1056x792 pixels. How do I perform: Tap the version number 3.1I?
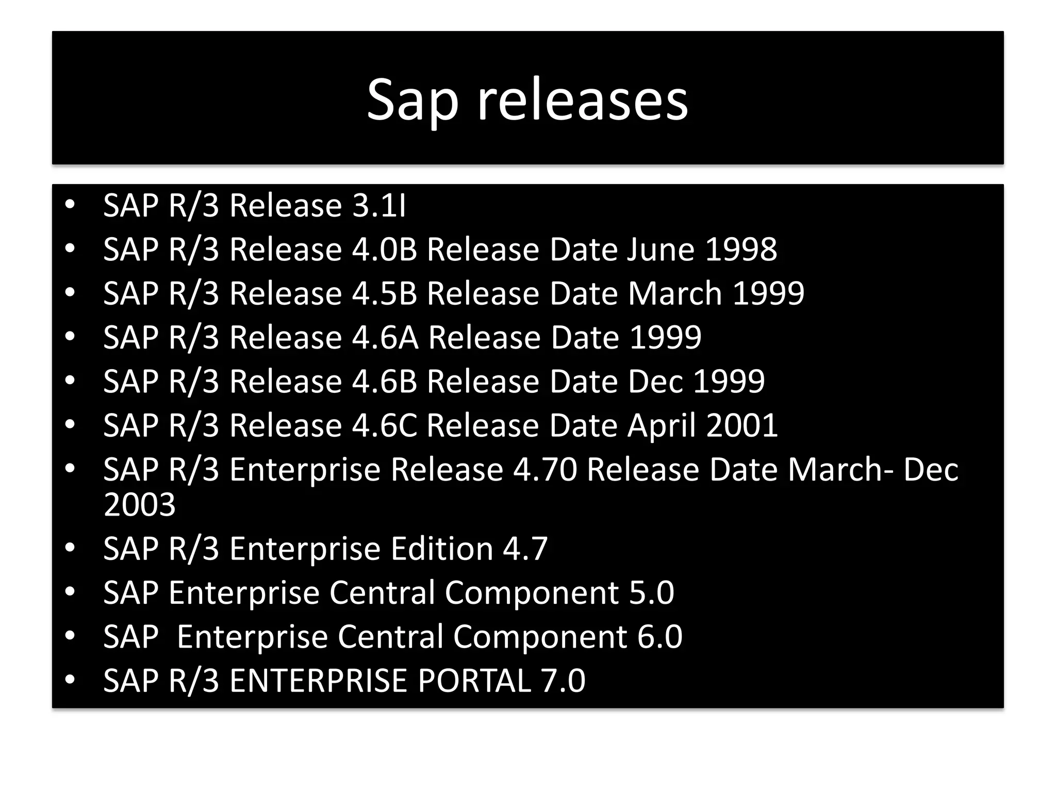pos(379,206)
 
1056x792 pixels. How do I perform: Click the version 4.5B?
pos(385,293)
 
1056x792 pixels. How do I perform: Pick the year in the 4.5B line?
pos(768,293)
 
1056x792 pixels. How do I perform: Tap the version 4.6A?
pos(385,337)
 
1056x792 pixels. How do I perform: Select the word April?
pos(662,425)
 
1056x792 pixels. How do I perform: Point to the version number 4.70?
pos(545,470)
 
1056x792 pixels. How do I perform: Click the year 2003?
pos(140,504)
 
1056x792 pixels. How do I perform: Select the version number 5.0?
pos(651,592)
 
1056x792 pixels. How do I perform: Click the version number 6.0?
pos(659,636)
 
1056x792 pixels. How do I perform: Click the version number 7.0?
pos(563,681)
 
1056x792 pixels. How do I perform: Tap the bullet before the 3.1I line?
pos(70,205)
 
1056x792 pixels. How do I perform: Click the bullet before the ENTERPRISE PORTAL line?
pos(70,680)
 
